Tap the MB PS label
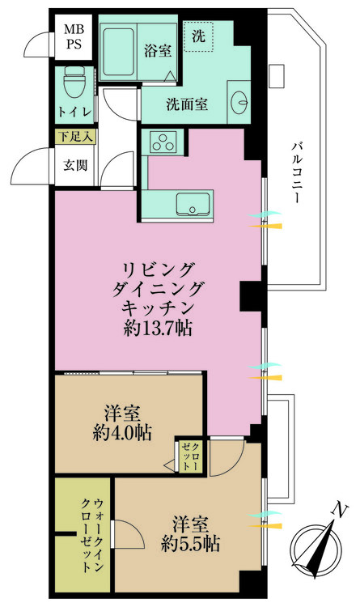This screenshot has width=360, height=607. click(73, 36)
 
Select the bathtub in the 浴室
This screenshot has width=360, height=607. click(118, 51)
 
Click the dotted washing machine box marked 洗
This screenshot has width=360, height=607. click(198, 36)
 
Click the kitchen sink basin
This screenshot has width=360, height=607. click(193, 204)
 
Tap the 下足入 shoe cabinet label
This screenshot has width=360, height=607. click(75, 137)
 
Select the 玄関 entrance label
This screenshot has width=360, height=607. click(75, 165)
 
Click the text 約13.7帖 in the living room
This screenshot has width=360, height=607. click(158, 329)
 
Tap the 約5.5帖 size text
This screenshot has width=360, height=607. click(191, 544)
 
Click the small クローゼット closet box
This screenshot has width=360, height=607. click(191, 456)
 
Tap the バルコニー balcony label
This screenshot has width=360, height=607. click(297, 172)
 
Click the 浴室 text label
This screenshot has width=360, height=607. click(158, 51)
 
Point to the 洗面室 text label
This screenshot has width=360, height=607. click(187, 104)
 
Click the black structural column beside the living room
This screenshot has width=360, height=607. click(252, 296)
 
